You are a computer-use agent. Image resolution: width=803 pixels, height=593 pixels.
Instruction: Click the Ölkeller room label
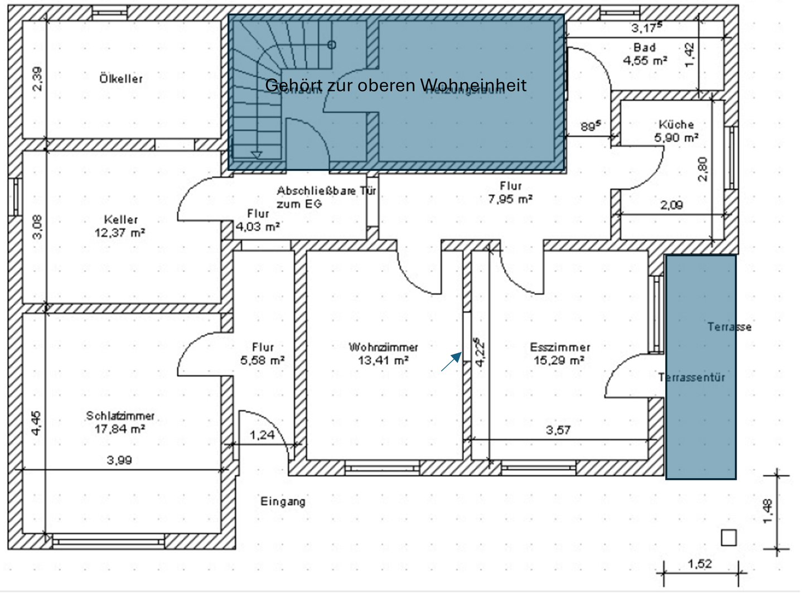click(121, 79)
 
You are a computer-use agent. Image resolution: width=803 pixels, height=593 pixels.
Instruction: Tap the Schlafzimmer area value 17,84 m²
click(120, 429)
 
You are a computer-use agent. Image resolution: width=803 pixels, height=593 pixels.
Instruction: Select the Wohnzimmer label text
click(383, 347)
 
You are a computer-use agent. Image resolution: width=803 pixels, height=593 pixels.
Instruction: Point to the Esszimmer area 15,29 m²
click(559, 360)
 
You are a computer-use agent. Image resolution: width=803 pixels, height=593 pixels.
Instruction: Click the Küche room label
click(676, 124)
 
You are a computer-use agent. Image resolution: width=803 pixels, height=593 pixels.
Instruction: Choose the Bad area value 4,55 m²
click(645, 61)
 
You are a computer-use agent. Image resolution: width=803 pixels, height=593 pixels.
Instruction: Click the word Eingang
click(283, 502)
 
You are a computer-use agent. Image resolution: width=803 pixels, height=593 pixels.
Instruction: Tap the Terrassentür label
click(691, 378)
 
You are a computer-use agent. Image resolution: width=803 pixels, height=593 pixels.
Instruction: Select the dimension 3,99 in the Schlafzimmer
click(119, 460)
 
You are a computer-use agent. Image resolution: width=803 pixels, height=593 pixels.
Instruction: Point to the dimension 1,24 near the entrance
click(262, 435)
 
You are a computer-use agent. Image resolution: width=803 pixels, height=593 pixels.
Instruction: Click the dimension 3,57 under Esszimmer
click(558, 430)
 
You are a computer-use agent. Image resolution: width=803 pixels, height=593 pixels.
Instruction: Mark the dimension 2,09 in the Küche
click(671, 205)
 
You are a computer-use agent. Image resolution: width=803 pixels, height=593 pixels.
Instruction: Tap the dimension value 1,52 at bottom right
click(700, 563)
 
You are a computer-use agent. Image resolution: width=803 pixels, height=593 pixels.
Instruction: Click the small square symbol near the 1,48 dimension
click(728, 537)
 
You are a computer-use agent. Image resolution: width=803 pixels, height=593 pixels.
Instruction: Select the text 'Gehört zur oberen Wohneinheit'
click(395, 85)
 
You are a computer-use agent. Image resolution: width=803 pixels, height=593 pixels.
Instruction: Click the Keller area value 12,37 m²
click(120, 233)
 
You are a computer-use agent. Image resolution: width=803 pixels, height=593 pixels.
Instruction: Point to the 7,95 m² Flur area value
click(510, 199)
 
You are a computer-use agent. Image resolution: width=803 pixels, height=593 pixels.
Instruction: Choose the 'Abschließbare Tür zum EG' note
click(326, 197)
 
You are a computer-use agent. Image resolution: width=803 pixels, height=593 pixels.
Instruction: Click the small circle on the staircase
click(332, 45)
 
